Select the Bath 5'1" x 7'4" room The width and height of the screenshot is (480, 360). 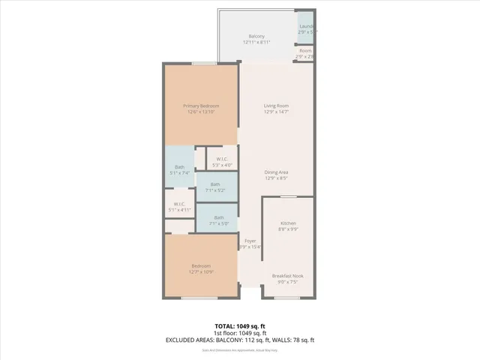coord(180,169)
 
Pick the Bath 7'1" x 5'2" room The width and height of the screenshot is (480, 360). coord(216,187)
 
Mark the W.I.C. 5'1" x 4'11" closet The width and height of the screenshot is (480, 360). coord(179,206)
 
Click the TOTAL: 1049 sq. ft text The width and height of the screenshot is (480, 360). coord(240,327)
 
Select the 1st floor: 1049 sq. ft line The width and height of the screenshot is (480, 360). coord(240,334)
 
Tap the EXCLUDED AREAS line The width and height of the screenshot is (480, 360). coord(240,340)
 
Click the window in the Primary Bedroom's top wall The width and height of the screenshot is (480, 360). coord(201,64)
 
